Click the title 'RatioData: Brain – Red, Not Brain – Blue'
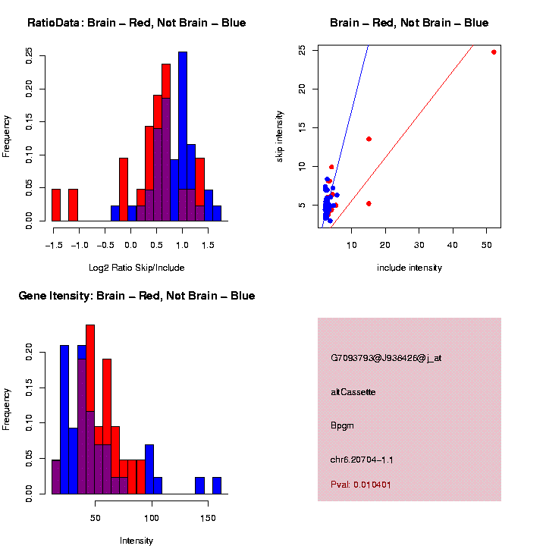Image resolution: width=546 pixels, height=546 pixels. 136,23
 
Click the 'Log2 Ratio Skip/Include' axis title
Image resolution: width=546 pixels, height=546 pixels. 136,268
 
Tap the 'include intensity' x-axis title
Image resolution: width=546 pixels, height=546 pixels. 409,268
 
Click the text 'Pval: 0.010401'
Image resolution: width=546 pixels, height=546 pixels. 361,484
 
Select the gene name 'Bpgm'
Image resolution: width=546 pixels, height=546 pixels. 342,425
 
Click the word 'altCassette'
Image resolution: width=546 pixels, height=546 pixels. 353,392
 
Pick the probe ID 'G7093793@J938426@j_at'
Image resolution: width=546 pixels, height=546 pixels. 386,358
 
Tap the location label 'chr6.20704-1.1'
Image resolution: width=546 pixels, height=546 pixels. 362,460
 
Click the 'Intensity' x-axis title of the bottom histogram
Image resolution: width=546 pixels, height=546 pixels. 136,541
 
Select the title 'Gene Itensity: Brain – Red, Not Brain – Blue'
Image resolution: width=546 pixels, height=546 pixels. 136,296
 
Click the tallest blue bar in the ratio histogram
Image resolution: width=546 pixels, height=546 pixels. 183,136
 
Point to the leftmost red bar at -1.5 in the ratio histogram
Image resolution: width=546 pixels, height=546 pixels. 56,205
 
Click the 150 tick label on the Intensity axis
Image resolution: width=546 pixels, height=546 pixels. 207,517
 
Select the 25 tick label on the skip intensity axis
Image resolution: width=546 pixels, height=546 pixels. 303,50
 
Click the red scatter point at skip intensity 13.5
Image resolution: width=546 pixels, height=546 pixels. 369,139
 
